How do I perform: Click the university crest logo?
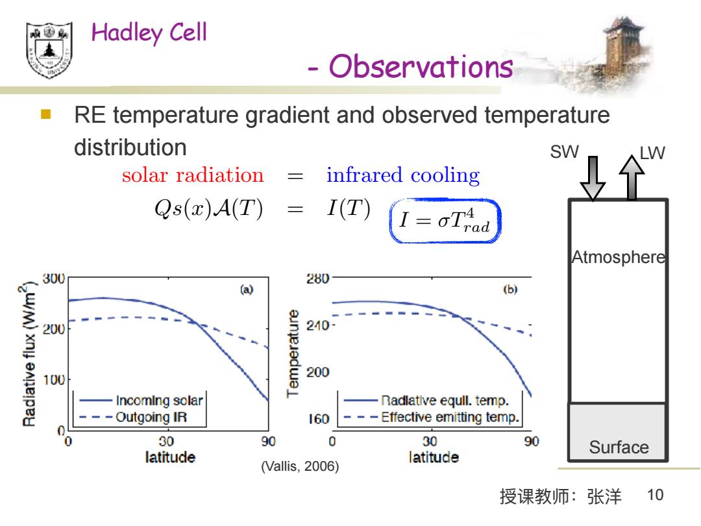pos(49,50)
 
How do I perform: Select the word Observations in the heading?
pos(421,67)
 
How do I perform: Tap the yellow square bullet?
pos(45,114)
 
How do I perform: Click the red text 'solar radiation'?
pos(193,175)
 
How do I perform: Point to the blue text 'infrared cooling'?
pos(403,175)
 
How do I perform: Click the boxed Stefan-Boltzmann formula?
pos(445,221)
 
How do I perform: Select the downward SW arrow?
pos(593,178)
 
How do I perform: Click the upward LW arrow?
pos(632,177)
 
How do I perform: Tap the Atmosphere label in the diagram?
pos(619,257)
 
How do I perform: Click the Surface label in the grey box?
pos(619,447)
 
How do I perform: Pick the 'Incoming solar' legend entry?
pos(141,400)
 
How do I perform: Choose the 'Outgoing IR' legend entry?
pos(133,418)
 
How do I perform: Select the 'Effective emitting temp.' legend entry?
pos(431,418)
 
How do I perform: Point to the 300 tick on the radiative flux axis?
pos(54,279)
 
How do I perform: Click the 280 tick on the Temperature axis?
pos(317,279)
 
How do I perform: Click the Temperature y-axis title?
pos(293,353)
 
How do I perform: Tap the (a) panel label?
pos(247,290)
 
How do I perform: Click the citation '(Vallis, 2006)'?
pos(300,466)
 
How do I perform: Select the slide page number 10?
pos(655,495)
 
